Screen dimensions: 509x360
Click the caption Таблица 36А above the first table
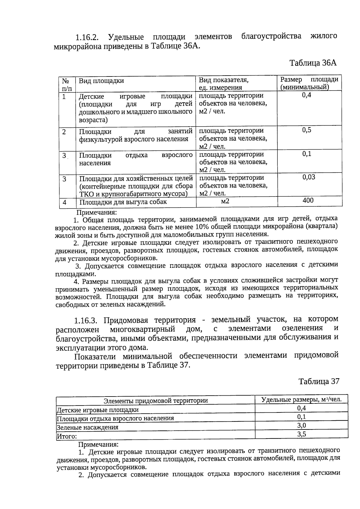(313, 63)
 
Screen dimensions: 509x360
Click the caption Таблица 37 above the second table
(319, 381)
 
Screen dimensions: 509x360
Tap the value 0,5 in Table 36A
(307, 130)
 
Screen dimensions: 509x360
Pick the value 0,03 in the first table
(309, 177)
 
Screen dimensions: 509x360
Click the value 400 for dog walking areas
(308, 200)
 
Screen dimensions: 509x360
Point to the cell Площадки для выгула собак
(123, 202)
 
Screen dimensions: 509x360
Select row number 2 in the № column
(64, 131)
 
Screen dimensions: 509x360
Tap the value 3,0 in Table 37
(301, 425)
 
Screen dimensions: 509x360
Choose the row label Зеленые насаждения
(88, 427)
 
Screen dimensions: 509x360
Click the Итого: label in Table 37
(67, 436)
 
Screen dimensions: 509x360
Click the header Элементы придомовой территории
(155, 401)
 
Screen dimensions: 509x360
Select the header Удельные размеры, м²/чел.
(301, 400)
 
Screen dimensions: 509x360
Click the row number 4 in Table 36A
(64, 202)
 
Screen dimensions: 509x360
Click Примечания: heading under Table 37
(98, 445)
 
